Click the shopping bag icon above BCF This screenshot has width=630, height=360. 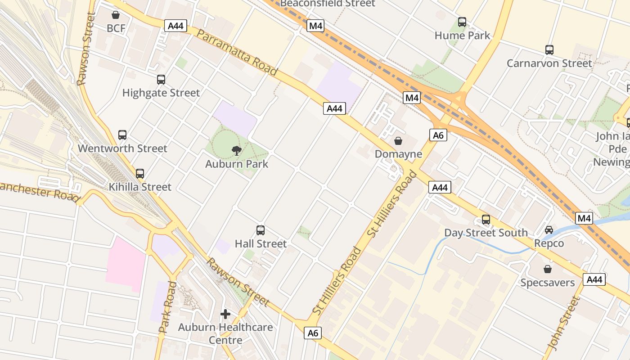pyautogui.click(x=116, y=15)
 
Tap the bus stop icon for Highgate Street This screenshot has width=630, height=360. pyautogui.click(x=161, y=80)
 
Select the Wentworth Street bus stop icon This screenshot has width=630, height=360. pyautogui.click(x=122, y=135)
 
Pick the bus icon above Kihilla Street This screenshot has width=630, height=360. pyautogui.click(x=140, y=173)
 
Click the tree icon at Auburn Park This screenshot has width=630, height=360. pyautogui.click(x=237, y=151)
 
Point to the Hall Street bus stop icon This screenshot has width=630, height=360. pyautogui.click(x=261, y=230)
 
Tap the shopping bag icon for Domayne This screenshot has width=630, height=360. pyautogui.click(x=398, y=141)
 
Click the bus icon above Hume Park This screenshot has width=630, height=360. pyautogui.click(x=462, y=22)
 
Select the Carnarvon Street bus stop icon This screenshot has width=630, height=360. pyautogui.click(x=549, y=50)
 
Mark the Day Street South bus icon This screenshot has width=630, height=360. pyautogui.click(x=486, y=220)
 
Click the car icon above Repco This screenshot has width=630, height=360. pyautogui.click(x=549, y=230)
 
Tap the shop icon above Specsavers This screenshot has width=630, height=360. pyautogui.click(x=548, y=269)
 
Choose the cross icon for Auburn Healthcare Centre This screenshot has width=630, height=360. pyautogui.click(x=225, y=314)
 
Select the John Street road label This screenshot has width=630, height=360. pyautogui.click(x=563, y=323)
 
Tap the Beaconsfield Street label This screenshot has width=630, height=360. pyautogui.click(x=327, y=4)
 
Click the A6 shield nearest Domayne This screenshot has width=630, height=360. pyautogui.click(x=438, y=135)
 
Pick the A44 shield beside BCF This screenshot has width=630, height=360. pyautogui.click(x=175, y=26)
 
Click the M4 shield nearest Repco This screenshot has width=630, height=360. pyautogui.click(x=584, y=219)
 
